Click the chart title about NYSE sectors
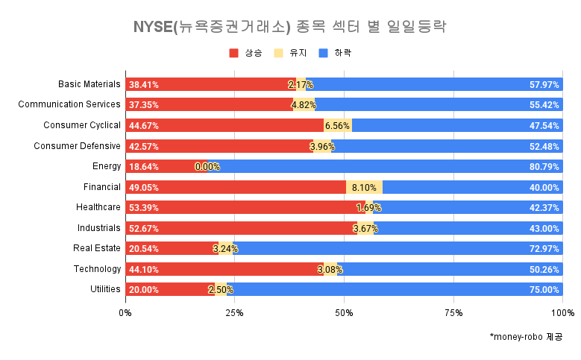click(289, 28)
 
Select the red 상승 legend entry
click(245, 53)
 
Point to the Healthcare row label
click(98, 207)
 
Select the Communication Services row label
click(69, 104)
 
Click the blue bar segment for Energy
click(388, 166)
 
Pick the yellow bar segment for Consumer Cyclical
click(337, 125)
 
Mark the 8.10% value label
click(365, 187)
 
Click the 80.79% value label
click(544, 166)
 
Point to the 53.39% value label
click(143, 207)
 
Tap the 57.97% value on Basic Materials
click(544, 84)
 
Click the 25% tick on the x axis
click(235, 312)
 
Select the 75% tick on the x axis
click(453, 312)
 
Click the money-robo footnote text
click(526, 337)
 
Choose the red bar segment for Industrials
click(239, 228)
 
